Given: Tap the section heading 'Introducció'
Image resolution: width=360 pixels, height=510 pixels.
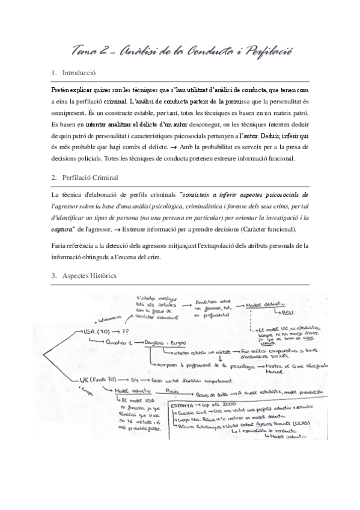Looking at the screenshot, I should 79,73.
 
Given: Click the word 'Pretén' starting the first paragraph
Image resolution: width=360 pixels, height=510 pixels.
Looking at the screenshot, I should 62,88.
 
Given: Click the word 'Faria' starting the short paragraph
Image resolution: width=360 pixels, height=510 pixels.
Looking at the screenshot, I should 59,246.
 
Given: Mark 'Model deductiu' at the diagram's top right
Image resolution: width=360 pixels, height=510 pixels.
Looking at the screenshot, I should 268,305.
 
